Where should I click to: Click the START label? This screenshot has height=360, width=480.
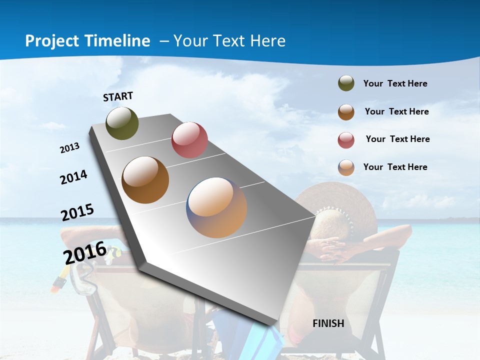coord(118,96)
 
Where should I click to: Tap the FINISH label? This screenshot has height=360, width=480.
coord(328,323)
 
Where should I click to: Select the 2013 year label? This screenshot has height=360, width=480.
coord(69,148)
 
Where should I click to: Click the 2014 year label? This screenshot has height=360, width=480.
coord(73,177)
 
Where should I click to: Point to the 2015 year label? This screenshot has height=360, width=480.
coord(77,212)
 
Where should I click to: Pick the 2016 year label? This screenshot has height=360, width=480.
coord(84,252)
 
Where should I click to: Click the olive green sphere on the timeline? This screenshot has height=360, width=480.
coord(122,123)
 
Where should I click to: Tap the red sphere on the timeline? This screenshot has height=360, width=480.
coord(189,140)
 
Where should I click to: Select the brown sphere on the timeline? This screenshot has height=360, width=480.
coord(145,180)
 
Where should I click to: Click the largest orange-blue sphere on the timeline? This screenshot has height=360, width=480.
coord(216,207)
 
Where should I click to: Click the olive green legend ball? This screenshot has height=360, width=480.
coord(346,83)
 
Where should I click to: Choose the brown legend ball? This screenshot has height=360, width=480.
coord(346,112)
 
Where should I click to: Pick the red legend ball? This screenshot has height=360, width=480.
coord(346,140)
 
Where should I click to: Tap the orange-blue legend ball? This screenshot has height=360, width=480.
coord(346,167)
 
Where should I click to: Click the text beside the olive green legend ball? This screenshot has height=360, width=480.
coord(395,83)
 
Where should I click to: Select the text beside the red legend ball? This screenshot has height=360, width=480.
coord(397,139)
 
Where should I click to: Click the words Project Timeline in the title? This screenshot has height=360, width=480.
coord(87,41)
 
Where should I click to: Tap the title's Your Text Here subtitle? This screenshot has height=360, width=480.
coord(229,41)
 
